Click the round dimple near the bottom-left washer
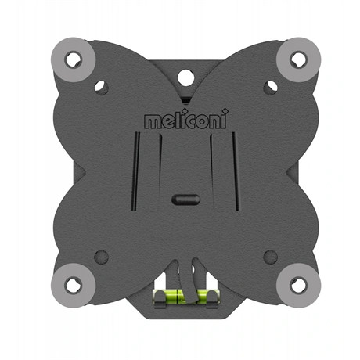pos(100,256)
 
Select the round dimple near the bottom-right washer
pos(270,256)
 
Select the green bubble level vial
pos(185,297)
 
